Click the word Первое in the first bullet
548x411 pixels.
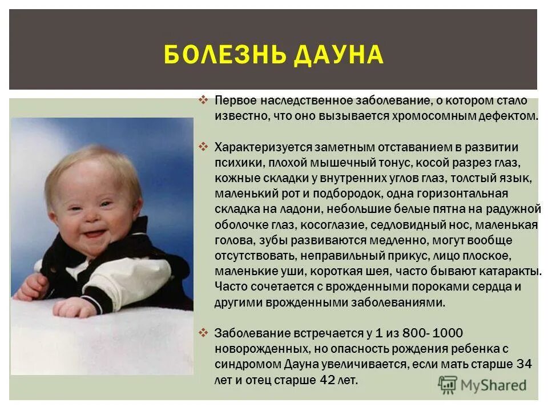coord(234,100)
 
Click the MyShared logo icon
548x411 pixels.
coord(448,384)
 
